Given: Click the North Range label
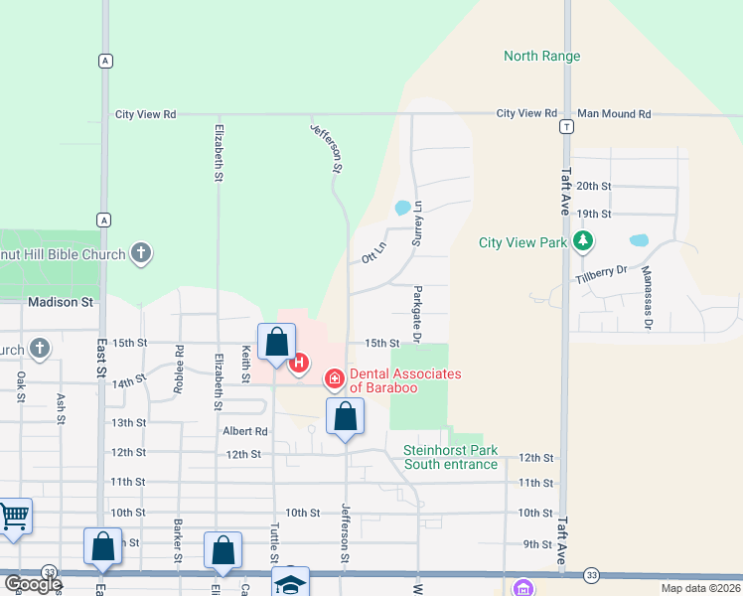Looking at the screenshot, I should point(541,56).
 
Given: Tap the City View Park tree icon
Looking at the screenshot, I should point(584,241).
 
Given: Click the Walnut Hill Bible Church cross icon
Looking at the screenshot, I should point(141,253).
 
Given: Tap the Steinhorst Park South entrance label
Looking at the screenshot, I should point(450,457).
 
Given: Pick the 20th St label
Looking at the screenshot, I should point(593,186).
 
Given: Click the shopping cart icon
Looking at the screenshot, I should point(14,516).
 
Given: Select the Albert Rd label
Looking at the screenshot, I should point(245,431).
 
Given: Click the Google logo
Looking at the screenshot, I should point(34,583).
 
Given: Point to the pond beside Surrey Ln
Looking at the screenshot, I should point(402,208).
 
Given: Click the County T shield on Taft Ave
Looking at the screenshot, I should point(565,126).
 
